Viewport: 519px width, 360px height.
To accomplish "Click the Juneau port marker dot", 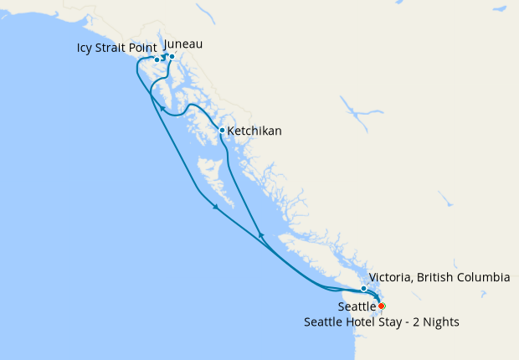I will pyautogui.click(x=172, y=57).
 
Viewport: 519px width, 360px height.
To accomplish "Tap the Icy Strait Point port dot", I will pyautogui.click(x=157, y=59).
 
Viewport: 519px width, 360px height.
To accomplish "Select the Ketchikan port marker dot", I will pyautogui.click(x=222, y=130).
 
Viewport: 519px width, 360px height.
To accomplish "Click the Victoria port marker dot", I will pyautogui.click(x=363, y=289).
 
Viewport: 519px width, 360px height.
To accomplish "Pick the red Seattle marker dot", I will pyautogui.click(x=382, y=306).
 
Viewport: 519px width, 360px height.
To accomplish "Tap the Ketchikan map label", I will pyautogui.click(x=254, y=131).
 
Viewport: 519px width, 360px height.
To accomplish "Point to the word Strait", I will pyautogui.click(x=115, y=48).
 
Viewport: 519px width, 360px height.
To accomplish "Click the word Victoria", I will pyautogui.click(x=390, y=277).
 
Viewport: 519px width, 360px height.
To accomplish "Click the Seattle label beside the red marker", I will pyautogui.click(x=357, y=306).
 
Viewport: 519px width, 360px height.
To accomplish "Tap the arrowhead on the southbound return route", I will pyautogui.click(x=215, y=207).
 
